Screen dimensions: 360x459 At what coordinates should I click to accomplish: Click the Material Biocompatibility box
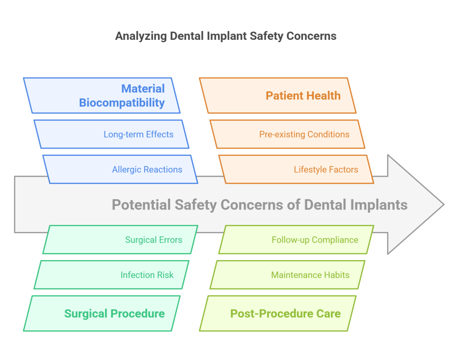(102, 95)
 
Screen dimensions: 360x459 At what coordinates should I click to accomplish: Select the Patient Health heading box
(278, 95)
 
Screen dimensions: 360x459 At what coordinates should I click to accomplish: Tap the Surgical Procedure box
(102, 313)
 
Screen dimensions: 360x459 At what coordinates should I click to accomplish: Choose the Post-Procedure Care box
(278, 313)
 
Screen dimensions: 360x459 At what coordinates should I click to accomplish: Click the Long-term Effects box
(112, 134)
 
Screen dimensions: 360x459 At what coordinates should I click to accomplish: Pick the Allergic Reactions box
(120, 169)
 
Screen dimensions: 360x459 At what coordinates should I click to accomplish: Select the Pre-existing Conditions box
(287, 134)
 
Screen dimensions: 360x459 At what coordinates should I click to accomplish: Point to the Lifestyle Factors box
(296, 169)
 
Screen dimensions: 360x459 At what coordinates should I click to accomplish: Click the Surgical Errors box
(120, 240)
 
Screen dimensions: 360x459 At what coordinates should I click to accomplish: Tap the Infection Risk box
(112, 275)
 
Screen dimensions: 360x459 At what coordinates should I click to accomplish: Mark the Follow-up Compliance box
(296, 240)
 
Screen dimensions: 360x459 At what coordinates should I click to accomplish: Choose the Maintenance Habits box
(287, 275)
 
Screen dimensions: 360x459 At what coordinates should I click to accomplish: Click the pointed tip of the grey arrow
(442, 205)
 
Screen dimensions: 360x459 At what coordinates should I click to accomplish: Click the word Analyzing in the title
(141, 36)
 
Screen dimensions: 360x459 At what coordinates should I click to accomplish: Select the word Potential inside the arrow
(141, 205)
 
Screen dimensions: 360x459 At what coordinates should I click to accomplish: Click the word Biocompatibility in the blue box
(122, 103)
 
